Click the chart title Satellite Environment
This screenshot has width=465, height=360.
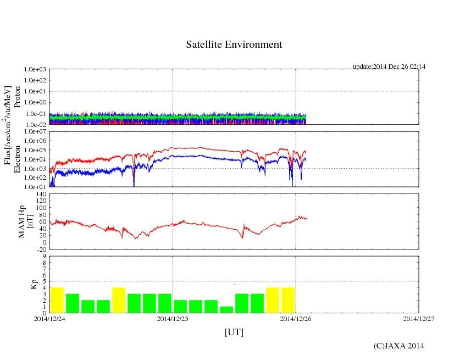tap(234, 45)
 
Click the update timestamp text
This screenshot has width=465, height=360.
tap(389, 67)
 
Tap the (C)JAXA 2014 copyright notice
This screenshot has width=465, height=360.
tap(398, 345)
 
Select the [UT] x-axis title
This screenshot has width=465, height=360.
tap(234, 332)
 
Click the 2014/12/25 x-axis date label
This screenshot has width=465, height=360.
tap(173, 318)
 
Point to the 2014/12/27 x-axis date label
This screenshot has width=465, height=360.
tap(419, 318)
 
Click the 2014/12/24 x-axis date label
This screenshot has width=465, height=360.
tap(49, 318)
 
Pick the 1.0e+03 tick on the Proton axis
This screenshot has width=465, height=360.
tap(35, 70)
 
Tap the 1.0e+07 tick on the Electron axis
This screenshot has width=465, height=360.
tap(35, 132)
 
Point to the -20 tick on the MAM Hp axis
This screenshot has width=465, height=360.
tap(40, 249)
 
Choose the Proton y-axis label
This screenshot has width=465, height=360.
tap(17, 97)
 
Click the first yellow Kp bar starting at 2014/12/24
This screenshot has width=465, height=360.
tap(57, 300)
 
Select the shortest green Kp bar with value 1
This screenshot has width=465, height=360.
tap(226, 309)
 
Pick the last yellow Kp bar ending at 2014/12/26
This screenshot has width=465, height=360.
tap(288, 300)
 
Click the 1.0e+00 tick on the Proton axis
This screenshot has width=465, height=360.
tap(35, 103)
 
